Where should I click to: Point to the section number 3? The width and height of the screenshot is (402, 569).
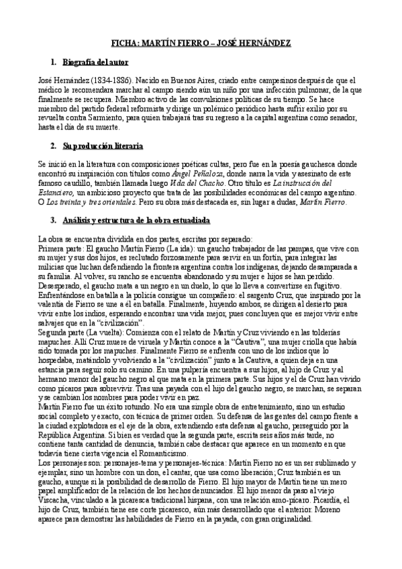coord(53,220)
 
